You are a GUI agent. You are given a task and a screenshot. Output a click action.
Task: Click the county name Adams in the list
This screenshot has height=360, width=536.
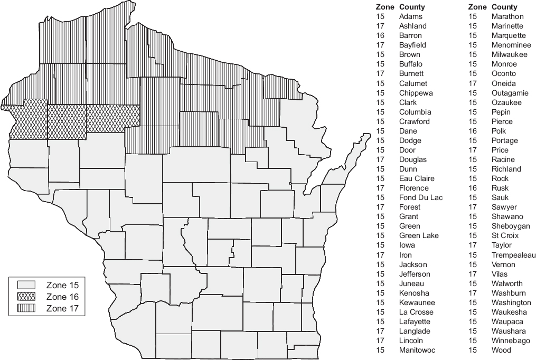click(410, 16)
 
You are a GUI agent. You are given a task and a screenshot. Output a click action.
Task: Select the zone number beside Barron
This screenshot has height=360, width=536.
click(380, 35)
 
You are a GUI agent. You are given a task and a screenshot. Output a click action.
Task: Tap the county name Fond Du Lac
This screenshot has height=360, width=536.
click(421, 197)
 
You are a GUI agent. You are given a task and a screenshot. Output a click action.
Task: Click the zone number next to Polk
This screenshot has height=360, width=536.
click(473, 131)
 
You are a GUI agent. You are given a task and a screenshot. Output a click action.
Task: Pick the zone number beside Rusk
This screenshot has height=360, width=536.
click(473, 188)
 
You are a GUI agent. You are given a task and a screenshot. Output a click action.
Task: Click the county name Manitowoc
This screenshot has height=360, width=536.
click(417, 350)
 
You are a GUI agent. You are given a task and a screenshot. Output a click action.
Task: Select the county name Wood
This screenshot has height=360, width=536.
click(501, 350)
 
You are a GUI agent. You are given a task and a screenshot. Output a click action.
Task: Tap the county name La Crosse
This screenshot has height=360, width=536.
click(417, 312)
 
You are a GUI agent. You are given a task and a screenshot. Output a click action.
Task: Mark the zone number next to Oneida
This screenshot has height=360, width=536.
click(473, 83)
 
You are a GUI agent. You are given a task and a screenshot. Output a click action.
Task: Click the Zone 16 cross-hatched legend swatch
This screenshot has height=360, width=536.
click(26, 296)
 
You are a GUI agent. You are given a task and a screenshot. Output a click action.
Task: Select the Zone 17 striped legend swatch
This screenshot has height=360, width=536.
click(26, 308)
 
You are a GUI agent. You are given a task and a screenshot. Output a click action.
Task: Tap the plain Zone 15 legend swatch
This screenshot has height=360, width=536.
click(26, 285)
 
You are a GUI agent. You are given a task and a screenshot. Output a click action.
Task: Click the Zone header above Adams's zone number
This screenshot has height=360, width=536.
click(384, 7)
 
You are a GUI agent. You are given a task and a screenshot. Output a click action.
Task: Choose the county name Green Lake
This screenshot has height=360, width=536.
click(419, 235)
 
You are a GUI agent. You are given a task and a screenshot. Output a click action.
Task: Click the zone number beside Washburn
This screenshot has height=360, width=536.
click(473, 293)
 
